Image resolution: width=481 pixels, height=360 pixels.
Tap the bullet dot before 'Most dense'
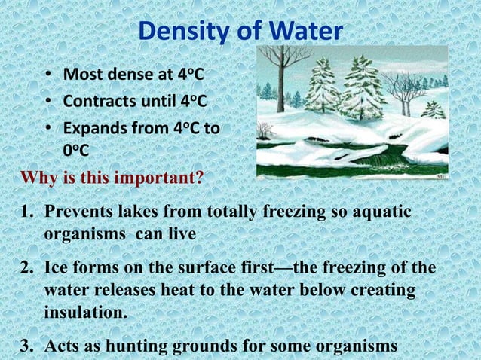click(x=47, y=75)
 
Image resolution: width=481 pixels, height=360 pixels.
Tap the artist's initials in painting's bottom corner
click(x=441, y=175)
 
